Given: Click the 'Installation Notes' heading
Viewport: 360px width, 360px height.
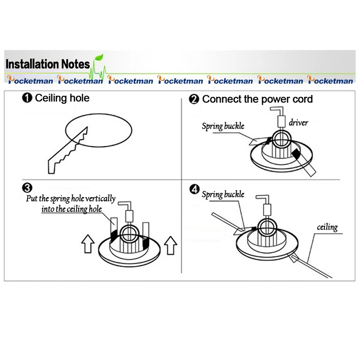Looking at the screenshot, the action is tap(48, 64).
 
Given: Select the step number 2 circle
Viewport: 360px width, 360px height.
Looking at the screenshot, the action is tap(194, 99).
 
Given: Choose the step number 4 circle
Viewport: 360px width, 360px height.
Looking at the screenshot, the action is tap(194, 189).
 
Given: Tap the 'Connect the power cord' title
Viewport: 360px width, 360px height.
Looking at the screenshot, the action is tap(257, 99).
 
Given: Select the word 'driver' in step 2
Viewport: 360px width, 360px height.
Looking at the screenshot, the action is tap(298, 122).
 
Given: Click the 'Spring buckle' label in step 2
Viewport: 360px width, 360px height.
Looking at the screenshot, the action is tap(223, 126).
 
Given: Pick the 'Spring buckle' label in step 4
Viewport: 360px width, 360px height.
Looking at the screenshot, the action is tap(223, 194).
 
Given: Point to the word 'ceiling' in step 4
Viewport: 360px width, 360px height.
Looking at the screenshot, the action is tap(327, 227).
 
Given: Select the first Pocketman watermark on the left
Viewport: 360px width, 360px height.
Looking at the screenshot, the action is tap(31, 81).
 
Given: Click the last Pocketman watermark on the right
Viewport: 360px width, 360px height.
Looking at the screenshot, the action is tap(330, 81).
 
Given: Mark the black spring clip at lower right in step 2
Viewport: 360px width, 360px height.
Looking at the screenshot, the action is tap(297, 154).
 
